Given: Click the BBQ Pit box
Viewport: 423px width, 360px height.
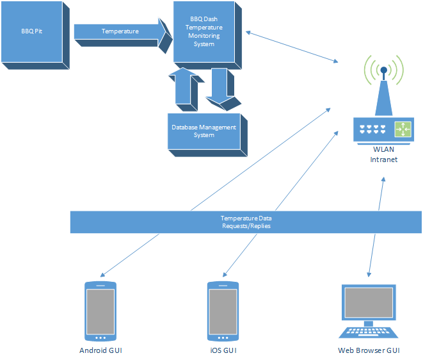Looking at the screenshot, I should (x=31, y=32).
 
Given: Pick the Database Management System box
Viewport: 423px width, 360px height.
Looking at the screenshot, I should (x=204, y=131).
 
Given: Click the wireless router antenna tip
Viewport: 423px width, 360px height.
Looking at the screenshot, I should (x=383, y=70).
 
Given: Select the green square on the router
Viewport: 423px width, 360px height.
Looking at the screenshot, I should (x=403, y=129).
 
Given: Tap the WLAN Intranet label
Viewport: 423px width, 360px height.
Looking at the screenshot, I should (x=383, y=154).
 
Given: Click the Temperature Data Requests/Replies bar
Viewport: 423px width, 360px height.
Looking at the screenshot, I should (x=246, y=222).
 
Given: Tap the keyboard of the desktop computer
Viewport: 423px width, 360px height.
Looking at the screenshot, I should (x=369, y=332).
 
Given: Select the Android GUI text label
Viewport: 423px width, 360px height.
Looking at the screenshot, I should (x=100, y=350).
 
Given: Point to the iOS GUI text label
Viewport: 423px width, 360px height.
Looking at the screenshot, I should (x=223, y=350).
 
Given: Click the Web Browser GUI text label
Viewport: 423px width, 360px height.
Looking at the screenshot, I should (x=369, y=350).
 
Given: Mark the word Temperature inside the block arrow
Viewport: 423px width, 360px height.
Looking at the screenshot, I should (x=120, y=31).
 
